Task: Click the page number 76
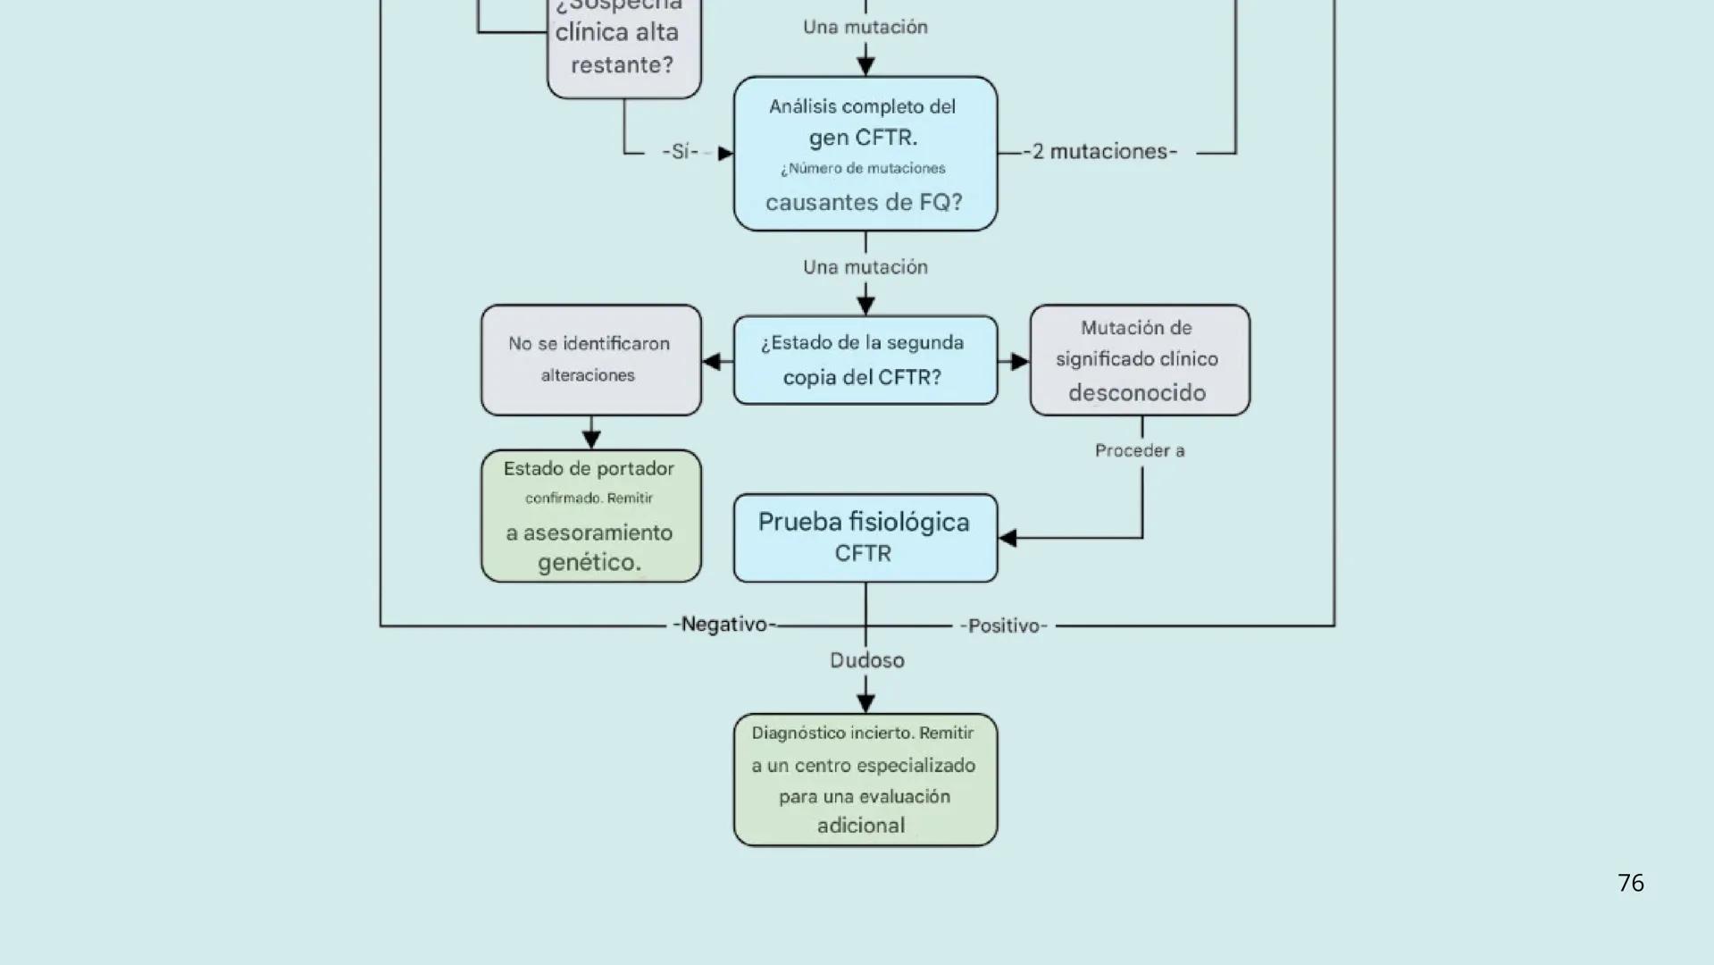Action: tap(1630, 883)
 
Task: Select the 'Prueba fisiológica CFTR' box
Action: tap(865, 537)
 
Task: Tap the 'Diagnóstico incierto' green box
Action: tap(865, 779)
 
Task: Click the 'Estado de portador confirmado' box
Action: tap(590, 516)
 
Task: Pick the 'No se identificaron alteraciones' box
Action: tap(590, 359)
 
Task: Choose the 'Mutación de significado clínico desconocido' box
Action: tap(1139, 359)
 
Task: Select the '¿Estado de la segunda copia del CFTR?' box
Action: tap(865, 359)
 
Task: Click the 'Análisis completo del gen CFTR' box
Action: tap(865, 153)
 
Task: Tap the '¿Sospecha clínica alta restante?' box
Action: tap(623, 45)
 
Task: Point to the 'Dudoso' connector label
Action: tap(866, 660)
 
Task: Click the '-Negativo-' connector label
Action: tap(724, 625)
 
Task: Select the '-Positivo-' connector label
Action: tap(1003, 625)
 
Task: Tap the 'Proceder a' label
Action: tap(1140, 450)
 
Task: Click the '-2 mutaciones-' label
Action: tap(1099, 152)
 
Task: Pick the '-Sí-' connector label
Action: tap(681, 152)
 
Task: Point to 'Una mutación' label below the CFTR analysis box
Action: tap(865, 267)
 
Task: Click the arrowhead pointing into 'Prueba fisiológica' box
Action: tap(1008, 538)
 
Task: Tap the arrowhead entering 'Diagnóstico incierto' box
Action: tap(865, 703)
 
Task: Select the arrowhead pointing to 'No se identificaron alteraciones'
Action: tap(712, 361)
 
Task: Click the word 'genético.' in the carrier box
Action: tap(589, 563)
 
